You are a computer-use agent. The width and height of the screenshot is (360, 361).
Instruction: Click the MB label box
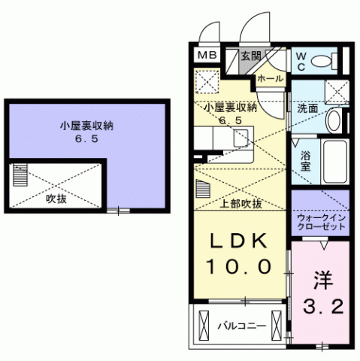(x=207, y=55)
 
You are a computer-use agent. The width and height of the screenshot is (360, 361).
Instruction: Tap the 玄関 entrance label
(x=251, y=55)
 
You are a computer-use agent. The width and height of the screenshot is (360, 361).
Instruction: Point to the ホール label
(x=270, y=78)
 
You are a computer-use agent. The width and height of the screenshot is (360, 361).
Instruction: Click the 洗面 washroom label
(x=308, y=108)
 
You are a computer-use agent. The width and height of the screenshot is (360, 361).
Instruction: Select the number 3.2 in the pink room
(x=323, y=307)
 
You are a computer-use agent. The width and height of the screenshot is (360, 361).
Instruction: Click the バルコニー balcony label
(x=242, y=326)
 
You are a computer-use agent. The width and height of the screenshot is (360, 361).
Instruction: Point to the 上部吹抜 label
(x=241, y=203)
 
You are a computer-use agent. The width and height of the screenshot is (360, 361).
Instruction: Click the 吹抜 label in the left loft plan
(x=56, y=199)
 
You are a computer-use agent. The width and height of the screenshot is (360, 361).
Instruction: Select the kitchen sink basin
(x=241, y=138)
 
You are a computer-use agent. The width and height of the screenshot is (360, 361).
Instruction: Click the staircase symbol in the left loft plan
(x=20, y=175)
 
